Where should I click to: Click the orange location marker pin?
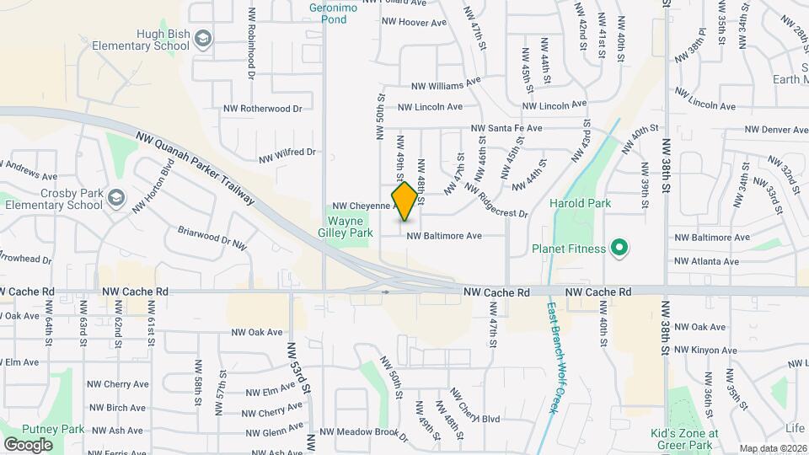click(404, 201)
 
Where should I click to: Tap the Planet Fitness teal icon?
click(619, 249)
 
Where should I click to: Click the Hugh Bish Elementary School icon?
click(203, 39)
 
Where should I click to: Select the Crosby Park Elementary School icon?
click(115, 199)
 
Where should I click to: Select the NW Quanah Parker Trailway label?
click(195, 166)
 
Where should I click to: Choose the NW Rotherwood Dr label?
click(262, 109)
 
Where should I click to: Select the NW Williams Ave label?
click(445, 85)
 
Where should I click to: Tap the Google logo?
click(28, 444)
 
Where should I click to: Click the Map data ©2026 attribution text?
click(773, 448)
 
